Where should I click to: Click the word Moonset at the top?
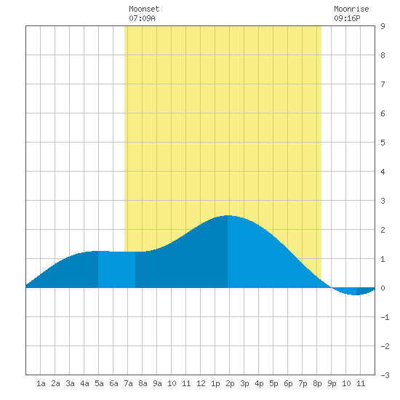coord(144,9)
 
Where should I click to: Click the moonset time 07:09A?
coord(142,18)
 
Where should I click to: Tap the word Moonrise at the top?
coord(351,9)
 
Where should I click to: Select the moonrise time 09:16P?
coord(347,18)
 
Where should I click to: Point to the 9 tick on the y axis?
coord(383,26)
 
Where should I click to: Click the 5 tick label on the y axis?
coord(383,143)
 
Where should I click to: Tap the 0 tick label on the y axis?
coord(383,288)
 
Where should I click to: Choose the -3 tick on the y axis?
coord(385,375)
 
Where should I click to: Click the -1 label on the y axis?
coord(385,317)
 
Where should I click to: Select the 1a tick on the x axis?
coord(41,383)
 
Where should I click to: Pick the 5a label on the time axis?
coord(99,383)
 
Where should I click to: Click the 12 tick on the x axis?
coord(201,383)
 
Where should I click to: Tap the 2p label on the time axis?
coord(230,383)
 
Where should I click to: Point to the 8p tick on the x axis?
coord(317,383)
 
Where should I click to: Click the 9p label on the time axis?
coord(332,383)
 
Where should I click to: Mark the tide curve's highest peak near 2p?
coord(228,215)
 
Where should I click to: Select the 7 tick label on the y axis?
coord(383,84)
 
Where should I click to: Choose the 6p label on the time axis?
coord(288,383)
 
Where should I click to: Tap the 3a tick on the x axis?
coord(70,383)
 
